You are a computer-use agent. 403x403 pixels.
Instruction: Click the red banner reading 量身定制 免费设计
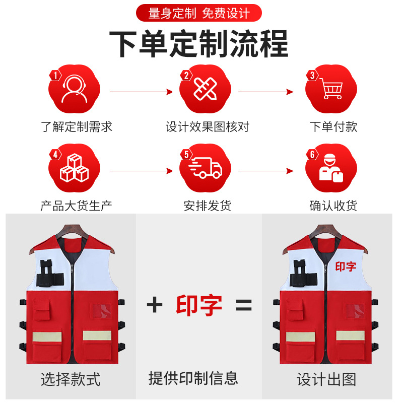[199, 13]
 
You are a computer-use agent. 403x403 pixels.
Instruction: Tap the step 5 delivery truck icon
[206, 168]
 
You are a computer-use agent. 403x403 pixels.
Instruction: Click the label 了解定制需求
[77, 126]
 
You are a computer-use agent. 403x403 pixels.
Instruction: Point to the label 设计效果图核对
[207, 126]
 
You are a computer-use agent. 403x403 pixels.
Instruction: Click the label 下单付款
[333, 126]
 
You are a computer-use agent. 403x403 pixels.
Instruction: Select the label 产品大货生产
[77, 205]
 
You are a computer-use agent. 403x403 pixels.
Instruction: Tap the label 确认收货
[333, 205]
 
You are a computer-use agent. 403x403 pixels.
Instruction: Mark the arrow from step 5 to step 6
[266, 171]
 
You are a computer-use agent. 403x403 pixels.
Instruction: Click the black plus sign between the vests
[155, 305]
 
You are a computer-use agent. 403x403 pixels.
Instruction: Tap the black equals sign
[243, 305]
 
